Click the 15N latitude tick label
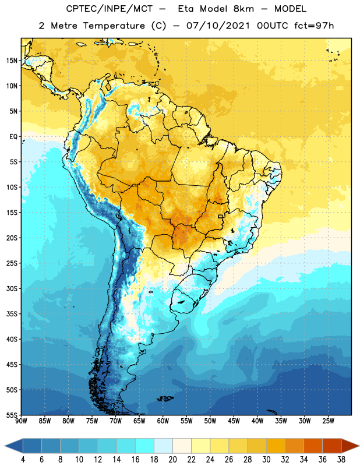tap(12, 61)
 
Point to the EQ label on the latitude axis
tap(13, 137)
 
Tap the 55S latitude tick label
tap(12, 415)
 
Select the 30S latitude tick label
tap(12, 288)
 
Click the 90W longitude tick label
tap(21, 421)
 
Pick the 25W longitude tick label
tap(328, 421)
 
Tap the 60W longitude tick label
tap(163, 421)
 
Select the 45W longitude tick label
tap(234, 421)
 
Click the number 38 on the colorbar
tap(341, 460)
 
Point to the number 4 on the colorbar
tap(23, 460)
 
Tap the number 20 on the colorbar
tap(172, 460)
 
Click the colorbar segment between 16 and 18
tap(145, 446)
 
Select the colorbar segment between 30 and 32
tap(276, 446)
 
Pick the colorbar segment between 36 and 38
tap(332, 446)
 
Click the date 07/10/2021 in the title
tap(218, 26)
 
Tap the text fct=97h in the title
tap(314, 26)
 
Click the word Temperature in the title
tap(114, 26)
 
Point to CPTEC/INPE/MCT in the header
tap(110, 9)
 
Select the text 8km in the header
tap(243, 9)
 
